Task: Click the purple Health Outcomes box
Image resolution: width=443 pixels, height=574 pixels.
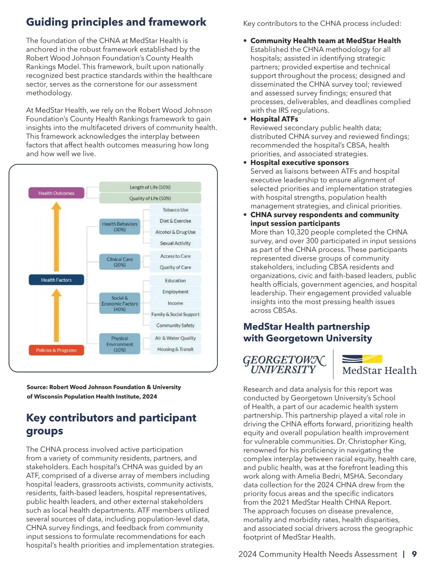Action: [x=56, y=193]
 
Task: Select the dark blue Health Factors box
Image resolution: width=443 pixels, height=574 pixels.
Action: [x=56, y=280]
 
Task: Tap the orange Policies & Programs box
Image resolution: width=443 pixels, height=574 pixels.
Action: [x=56, y=350]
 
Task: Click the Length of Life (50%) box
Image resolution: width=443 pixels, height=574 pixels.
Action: [x=150, y=187]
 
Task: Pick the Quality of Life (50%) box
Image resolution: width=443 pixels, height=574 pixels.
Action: [x=150, y=198]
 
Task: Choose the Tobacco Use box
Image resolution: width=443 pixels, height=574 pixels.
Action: [x=175, y=210]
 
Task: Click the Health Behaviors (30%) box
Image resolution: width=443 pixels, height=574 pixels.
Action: [x=120, y=227]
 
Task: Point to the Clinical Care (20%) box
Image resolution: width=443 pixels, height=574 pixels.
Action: [x=120, y=262]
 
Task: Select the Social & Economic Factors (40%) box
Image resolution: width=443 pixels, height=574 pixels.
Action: [x=120, y=303]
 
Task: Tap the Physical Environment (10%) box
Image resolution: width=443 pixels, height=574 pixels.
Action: [x=120, y=344]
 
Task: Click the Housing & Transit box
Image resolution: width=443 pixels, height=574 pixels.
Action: [x=175, y=349]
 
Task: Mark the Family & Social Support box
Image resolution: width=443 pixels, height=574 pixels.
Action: [x=175, y=314]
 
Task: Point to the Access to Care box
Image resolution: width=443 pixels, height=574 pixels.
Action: [x=175, y=256]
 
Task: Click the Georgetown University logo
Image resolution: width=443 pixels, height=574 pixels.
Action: [x=284, y=364]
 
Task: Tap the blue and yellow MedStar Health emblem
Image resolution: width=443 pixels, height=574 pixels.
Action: [x=362, y=359]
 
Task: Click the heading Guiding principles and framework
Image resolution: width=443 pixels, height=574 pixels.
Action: [x=116, y=22]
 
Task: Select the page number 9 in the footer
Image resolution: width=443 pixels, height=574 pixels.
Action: [x=414, y=554]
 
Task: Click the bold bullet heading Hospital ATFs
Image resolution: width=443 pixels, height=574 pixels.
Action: [x=274, y=119]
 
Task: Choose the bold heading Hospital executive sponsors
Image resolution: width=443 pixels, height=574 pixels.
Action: [x=299, y=163]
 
